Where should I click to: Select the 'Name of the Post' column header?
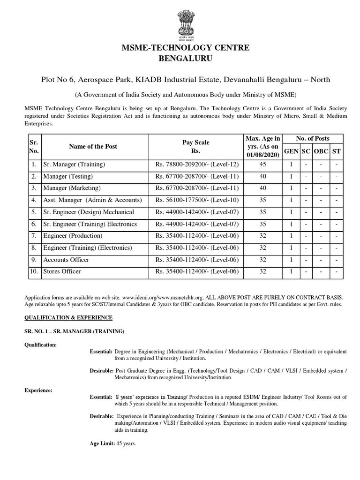tap(93, 146)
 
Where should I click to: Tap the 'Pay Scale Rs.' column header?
tap(196, 146)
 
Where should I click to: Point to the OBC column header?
tap(321, 151)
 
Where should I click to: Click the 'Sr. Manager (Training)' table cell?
tap(74, 165)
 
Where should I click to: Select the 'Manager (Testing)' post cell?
tap(68, 176)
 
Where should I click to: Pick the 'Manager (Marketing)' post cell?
tap(72, 188)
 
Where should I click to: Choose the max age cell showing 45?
tap(262, 165)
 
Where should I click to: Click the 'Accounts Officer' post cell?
tap(66, 260)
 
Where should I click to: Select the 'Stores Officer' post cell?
tap(62, 271)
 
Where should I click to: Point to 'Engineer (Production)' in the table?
tap(73, 236)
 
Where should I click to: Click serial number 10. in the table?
tap(34, 271)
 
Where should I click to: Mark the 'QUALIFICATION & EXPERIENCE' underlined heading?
tap(68, 317)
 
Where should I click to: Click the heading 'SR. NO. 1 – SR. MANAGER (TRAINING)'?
tap(74, 331)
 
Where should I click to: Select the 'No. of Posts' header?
tap(313, 138)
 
